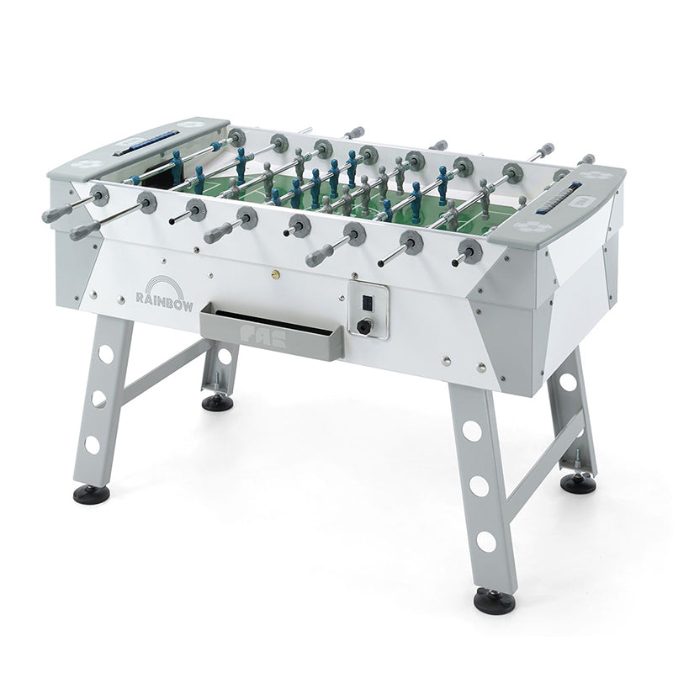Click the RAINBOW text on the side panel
click(x=164, y=301)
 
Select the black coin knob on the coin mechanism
click(x=364, y=326)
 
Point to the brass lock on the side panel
click(x=274, y=272)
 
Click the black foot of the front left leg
click(x=92, y=493)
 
